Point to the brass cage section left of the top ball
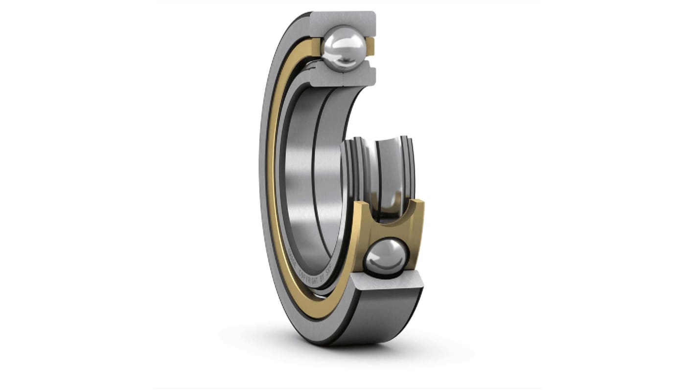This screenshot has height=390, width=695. point(315,47)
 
